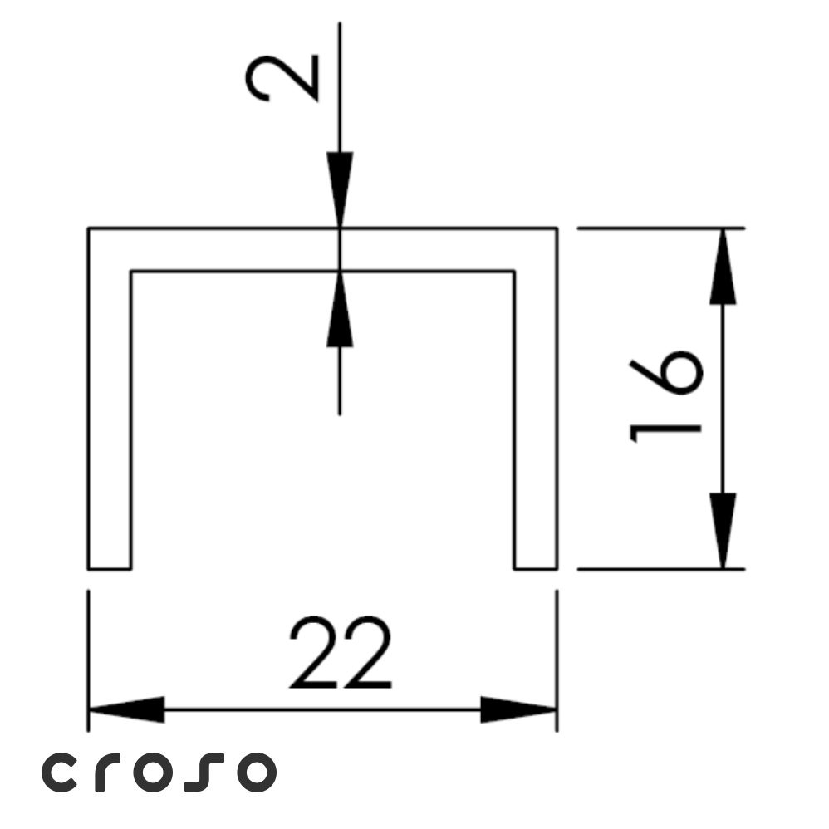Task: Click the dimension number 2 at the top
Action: [282, 78]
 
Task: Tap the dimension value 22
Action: [341, 652]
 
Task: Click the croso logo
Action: [159, 772]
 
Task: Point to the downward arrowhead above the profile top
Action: [340, 190]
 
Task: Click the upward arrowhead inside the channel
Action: [340, 309]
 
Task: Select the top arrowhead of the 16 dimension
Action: [723, 267]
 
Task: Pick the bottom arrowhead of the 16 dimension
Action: [723, 531]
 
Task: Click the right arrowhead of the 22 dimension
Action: [518, 709]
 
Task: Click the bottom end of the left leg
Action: [110, 569]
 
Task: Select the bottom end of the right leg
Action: [536, 569]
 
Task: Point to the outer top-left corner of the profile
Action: [88, 228]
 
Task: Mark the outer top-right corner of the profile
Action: [557, 228]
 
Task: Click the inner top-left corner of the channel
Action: [131, 272]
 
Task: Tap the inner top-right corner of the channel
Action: [514, 272]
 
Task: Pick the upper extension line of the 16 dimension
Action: [661, 228]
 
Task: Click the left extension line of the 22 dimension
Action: [88, 661]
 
